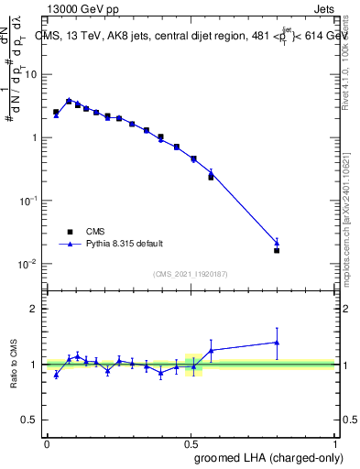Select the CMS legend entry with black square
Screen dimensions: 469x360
point(91,233)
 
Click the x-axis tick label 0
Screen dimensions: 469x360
point(47,442)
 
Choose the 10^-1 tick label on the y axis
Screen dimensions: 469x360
point(28,201)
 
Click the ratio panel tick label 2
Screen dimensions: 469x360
point(35,309)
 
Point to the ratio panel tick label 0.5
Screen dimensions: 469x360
point(31,420)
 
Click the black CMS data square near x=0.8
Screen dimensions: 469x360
point(277,250)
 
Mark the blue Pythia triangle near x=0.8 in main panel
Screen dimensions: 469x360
point(277,243)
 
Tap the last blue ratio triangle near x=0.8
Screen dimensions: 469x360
point(277,343)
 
